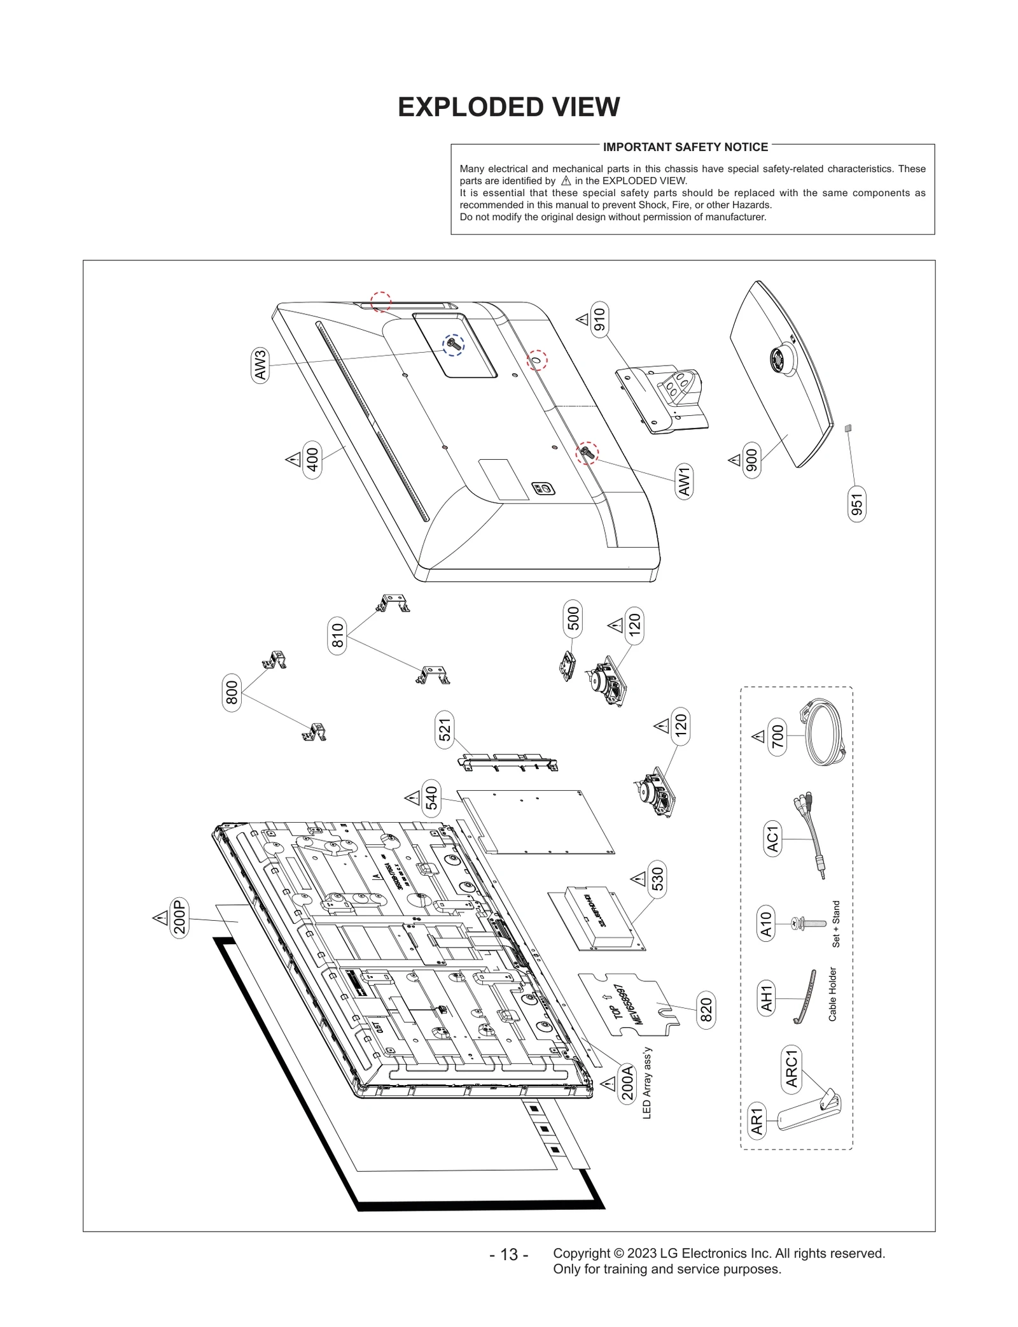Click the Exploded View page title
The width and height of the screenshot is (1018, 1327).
click(x=508, y=107)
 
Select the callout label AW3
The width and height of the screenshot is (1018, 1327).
click(x=260, y=365)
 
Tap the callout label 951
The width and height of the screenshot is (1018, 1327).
click(x=857, y=504)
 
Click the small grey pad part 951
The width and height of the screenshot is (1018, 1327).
click(x=847, y=429)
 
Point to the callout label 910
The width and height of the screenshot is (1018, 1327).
click(x=599, y=320)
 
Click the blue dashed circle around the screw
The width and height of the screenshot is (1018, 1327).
click(x=454, y=344)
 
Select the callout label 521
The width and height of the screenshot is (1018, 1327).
click(x=445, y=730)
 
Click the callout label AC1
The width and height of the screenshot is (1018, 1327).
click(x=772, y=839)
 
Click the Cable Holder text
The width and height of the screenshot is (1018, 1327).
click(x=832, y=994)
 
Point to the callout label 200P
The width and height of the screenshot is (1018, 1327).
click(x=180, y=917)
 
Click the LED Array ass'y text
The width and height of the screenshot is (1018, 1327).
click(x=647, y=1082)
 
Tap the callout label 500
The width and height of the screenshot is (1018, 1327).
click(x=573, y=618)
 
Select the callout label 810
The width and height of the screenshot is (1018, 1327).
click(x=338, y=635)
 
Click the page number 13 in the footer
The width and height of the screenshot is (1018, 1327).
click(x=508, y=1254)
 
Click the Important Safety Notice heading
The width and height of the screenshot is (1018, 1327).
click(x=685, y=147)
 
